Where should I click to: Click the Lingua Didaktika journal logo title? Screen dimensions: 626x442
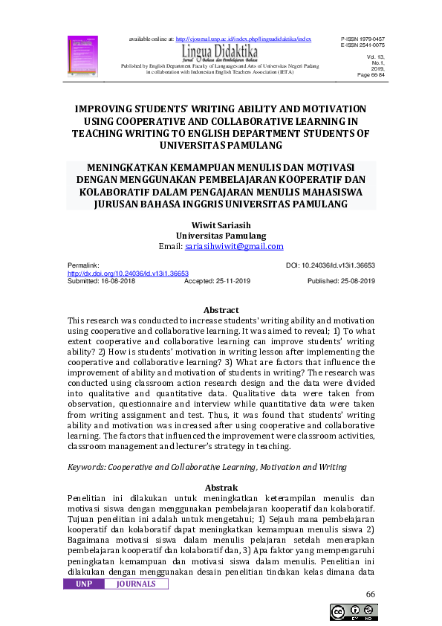pos(220,51)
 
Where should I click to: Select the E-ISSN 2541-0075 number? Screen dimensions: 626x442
pos(364,44)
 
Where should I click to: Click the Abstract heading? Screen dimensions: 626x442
pos(221,310)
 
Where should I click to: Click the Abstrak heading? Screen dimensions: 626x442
pos(221,487)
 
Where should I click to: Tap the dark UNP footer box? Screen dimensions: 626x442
pos(84,584)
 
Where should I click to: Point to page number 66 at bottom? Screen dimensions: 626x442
pos(371,595)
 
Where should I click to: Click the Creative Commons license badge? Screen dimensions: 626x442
pos(354,613)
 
